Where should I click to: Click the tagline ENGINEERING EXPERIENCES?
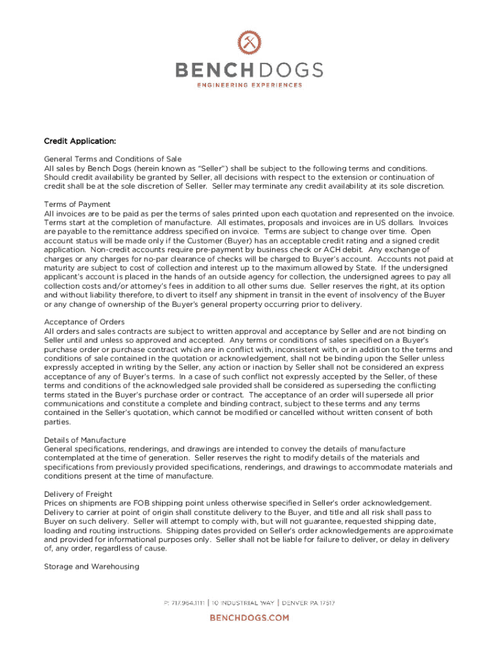250,85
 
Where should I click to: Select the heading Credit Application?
80,141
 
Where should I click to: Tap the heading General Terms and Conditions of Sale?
113,159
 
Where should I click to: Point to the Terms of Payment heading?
77,204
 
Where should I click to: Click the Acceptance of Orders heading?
84,322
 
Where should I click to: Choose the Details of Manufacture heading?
85,440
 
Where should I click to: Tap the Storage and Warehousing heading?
91,566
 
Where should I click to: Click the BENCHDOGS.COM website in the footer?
249,618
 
